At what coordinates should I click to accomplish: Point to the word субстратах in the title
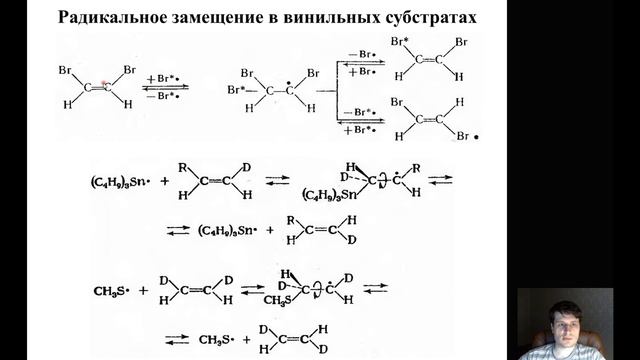click(x=431, y=18)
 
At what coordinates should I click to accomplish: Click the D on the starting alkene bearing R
click(x=246, y=165)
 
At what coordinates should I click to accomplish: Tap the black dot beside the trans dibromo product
click(x=489, y=139)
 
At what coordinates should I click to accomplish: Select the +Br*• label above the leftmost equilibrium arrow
click(x=164, y=77)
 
